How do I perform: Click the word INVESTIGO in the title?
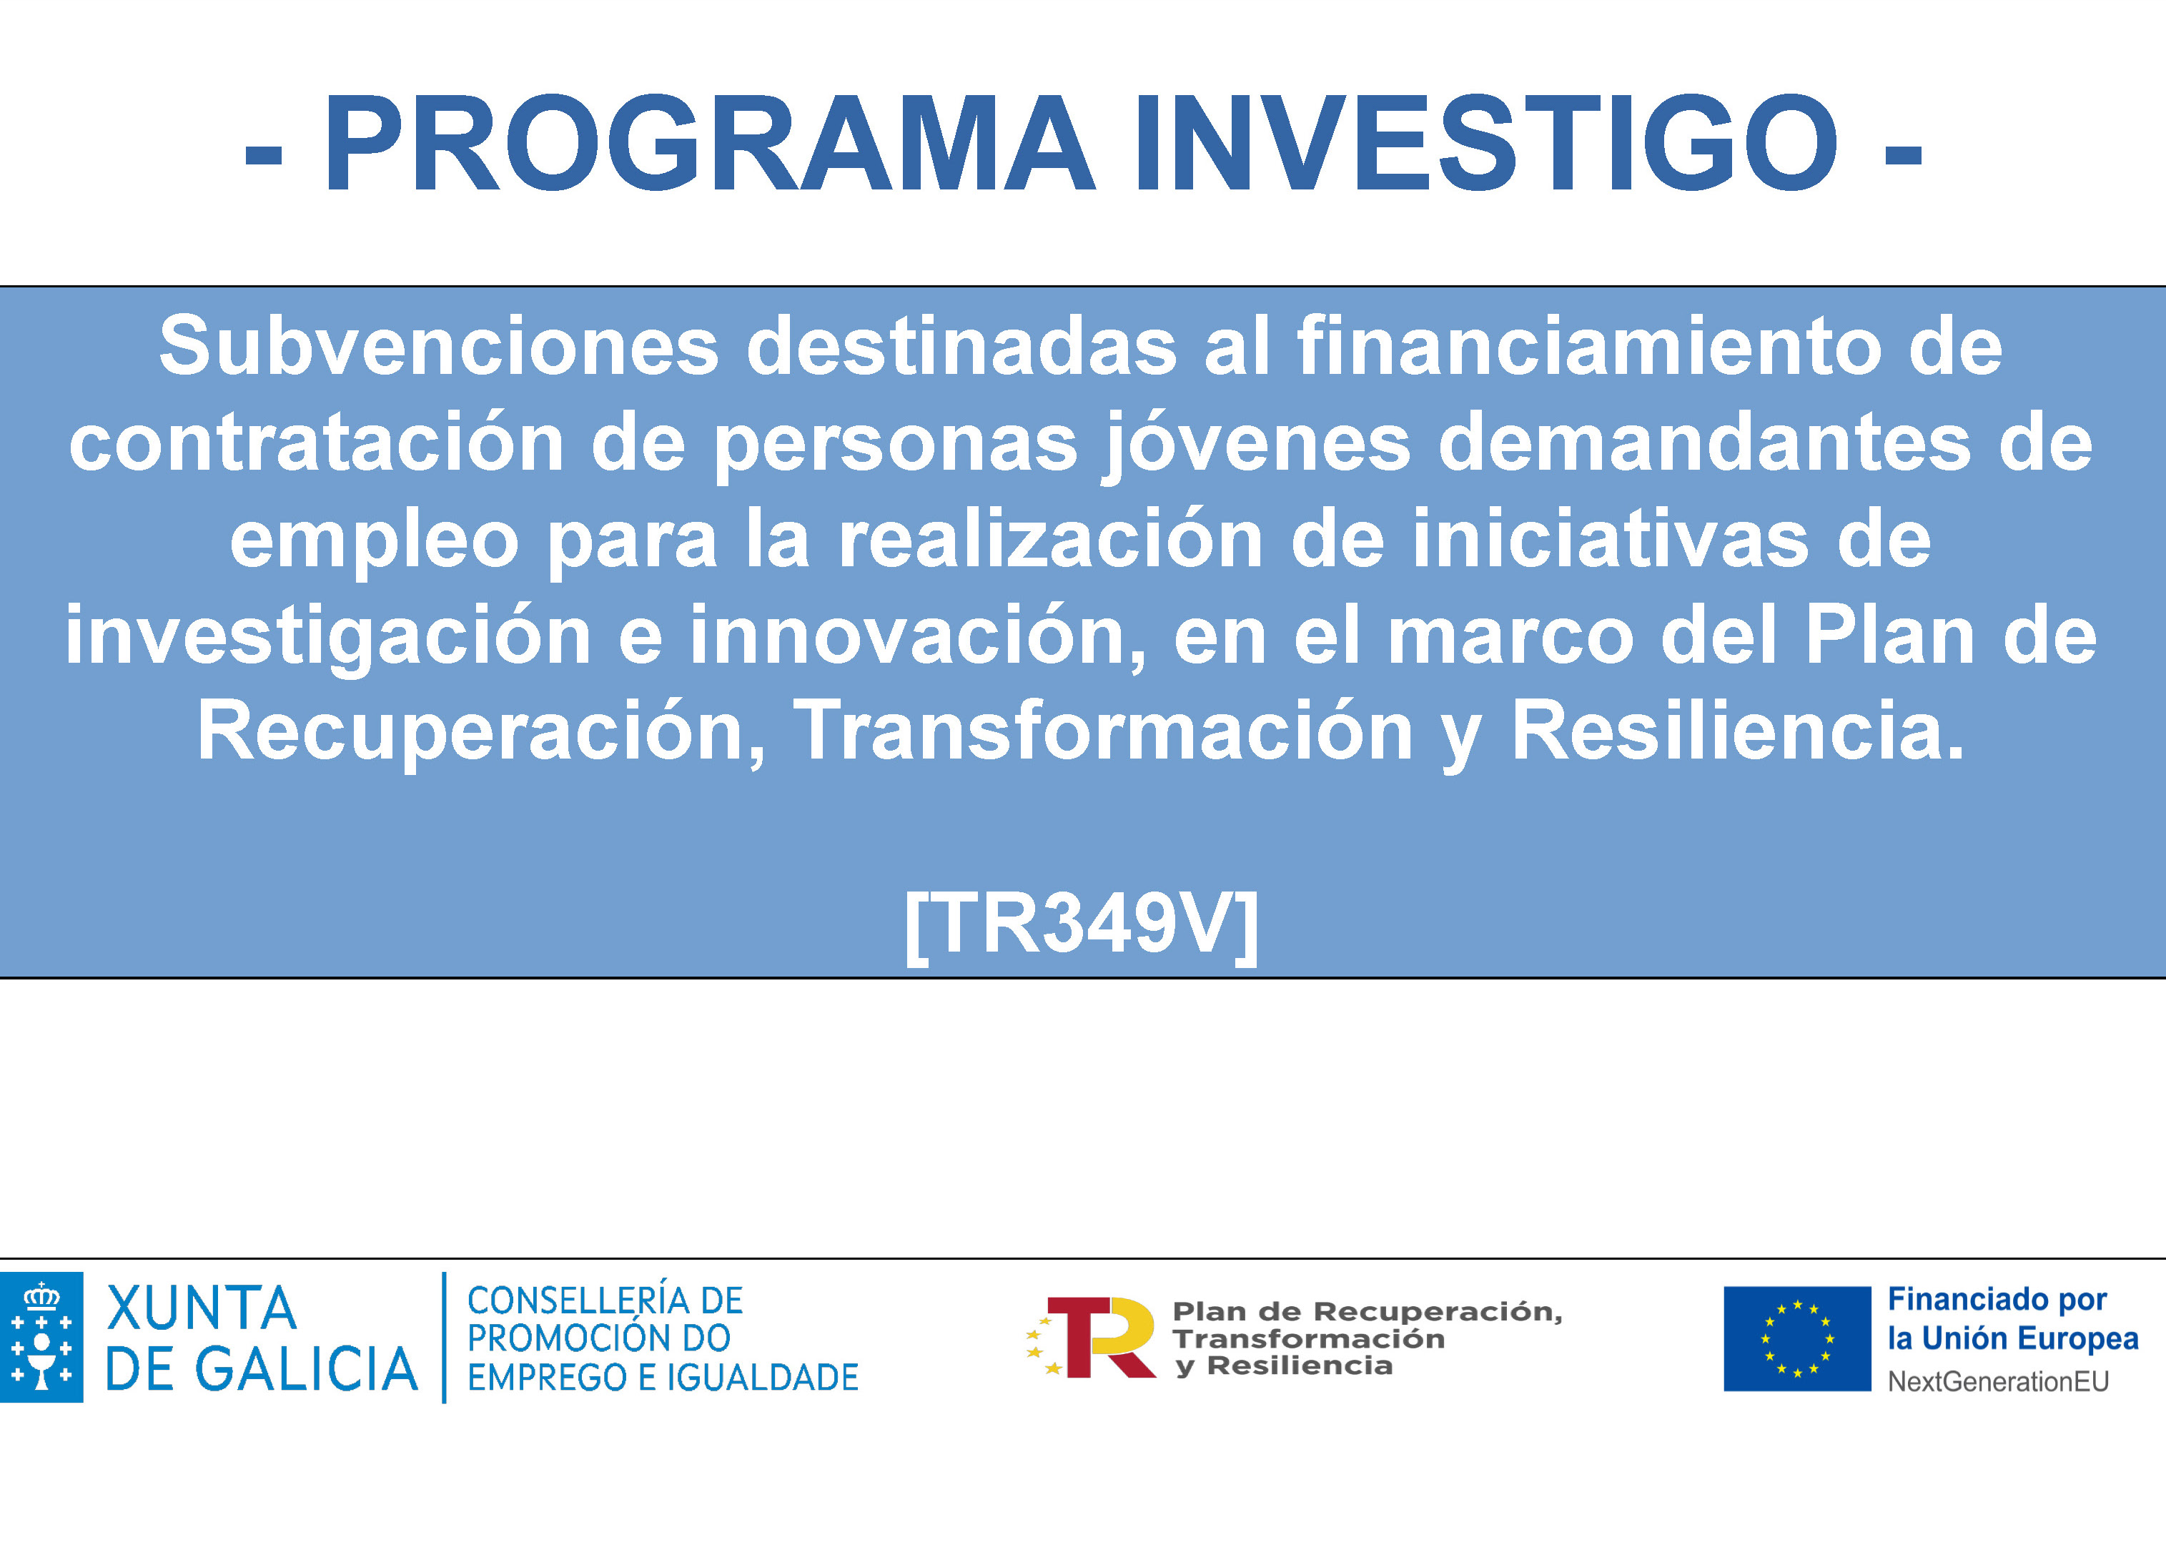[1485, 143]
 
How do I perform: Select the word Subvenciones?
[438, 346]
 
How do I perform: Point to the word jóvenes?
[1256, 443]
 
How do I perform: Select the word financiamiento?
[1589, 346]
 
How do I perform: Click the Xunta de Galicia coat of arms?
[41, 1338]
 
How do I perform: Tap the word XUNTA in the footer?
[202, 1308]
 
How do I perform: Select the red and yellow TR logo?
[1091, 1337]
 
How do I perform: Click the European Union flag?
[1796, 1338]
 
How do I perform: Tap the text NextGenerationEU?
[1998, 1381]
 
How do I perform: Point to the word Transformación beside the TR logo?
[1308, 1338]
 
